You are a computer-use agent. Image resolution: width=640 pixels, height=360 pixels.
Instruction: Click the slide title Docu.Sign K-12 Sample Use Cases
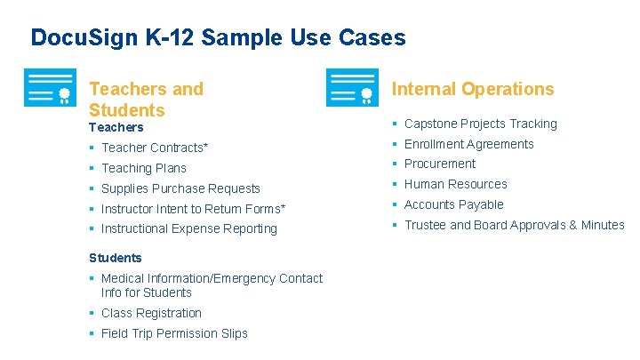(x=218, y=37)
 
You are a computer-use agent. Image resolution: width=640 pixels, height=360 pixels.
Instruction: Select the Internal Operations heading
(x=472, y=89)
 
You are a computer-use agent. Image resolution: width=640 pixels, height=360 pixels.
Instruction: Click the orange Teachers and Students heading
(x=146, y=99)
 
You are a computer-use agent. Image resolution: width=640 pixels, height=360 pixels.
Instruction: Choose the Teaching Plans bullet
(x=143, y=168)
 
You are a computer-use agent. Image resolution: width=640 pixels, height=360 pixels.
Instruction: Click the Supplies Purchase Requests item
(x=180, y=188)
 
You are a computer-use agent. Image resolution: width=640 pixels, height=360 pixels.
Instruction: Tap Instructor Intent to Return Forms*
(x=193, y=209)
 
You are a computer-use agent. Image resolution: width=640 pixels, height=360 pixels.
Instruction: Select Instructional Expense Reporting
(x=188, y=228)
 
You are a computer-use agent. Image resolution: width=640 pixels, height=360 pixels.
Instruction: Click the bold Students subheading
(x=115, y=258)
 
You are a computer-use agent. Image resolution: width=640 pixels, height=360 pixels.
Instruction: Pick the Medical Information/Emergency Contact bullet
(x=212, y=278)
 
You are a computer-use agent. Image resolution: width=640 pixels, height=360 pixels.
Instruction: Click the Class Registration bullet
(x=151, y=313)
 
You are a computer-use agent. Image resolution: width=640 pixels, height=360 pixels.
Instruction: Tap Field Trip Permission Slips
(x=174, y=333)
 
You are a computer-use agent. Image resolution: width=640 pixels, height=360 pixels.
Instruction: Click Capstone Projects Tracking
(x=480, y=124)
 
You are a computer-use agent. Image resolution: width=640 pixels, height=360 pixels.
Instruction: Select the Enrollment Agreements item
(x=468, y=144)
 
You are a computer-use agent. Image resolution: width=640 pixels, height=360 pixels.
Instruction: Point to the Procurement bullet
(x=439, y=164)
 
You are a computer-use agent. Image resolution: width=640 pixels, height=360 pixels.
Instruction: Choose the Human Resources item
(x=455, y=184)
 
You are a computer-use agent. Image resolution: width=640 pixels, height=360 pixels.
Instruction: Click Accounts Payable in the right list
(x=453, y=204)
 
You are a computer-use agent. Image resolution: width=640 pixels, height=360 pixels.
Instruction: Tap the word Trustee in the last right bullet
(x=425, y=225)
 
